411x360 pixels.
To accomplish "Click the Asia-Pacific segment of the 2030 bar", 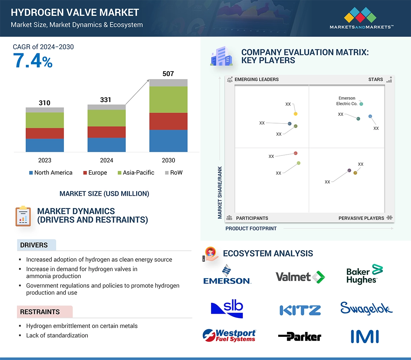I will [168, 100].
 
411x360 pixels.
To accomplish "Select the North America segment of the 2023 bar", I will [45, 145].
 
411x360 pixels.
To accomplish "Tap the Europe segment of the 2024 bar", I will [106, 132].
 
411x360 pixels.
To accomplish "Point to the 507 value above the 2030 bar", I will [168, 74].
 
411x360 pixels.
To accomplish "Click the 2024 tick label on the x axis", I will [106, 160].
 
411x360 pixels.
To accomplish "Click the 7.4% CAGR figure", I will [33, 61].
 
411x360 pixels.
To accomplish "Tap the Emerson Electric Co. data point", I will [361, 104].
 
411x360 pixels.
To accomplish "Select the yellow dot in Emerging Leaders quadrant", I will [295, 114].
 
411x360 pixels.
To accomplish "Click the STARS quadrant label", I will [376, 79].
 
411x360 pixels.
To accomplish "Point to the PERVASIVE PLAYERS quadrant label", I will [361, 218].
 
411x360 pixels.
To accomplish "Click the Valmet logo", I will [300, 277].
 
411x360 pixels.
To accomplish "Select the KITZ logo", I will [300, 310].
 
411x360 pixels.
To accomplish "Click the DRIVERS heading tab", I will [34, 245].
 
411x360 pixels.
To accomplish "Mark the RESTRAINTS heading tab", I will [40, 312].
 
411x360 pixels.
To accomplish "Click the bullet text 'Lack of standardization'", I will [57, 335].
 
